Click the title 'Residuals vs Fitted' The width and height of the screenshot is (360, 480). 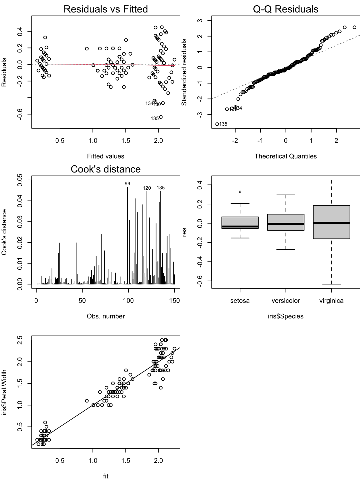tap(106, 9)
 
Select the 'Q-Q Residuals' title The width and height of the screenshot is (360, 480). tap(285, 9)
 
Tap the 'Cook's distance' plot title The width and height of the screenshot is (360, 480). tap(106, 169)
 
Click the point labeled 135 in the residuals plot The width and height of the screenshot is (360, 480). tap(161, 117)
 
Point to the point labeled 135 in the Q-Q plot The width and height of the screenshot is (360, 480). tap(217, 124)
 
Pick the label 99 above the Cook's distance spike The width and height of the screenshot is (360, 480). tap(127, 184)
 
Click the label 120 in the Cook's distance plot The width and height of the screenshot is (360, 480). tap(147, 188)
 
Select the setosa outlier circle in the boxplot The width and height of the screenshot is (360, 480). tap(240, 192)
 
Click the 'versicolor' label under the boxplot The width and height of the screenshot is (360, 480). tap(286, 301)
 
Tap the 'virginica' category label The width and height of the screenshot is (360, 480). tap(331, 301)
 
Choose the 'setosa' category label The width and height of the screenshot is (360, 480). tap(240, 301)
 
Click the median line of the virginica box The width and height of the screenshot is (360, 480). tap(331, 223)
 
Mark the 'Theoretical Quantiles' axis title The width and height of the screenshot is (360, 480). tap(285, 156)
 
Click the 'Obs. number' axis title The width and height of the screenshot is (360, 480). tap(106, 316)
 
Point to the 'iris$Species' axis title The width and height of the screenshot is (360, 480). tap(285, 316)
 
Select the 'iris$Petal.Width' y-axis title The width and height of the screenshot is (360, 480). tap(4, 392)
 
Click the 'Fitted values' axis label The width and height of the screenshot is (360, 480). tap(106, 156)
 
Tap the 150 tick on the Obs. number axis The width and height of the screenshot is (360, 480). tap(174, 301)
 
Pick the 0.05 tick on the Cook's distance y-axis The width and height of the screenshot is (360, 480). tap(20, 180)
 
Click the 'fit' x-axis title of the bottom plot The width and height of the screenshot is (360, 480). tap(106, 476)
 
